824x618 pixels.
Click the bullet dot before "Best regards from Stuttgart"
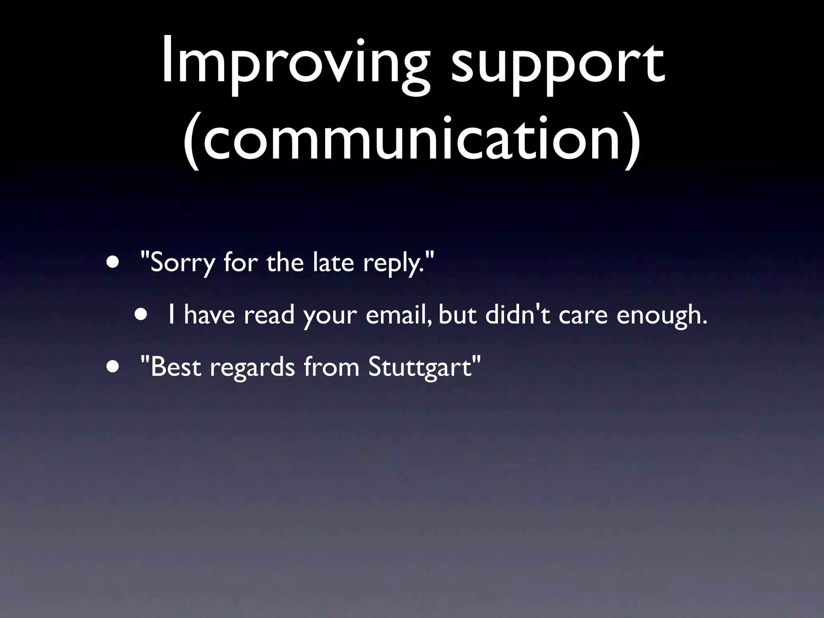coord(113,367)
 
